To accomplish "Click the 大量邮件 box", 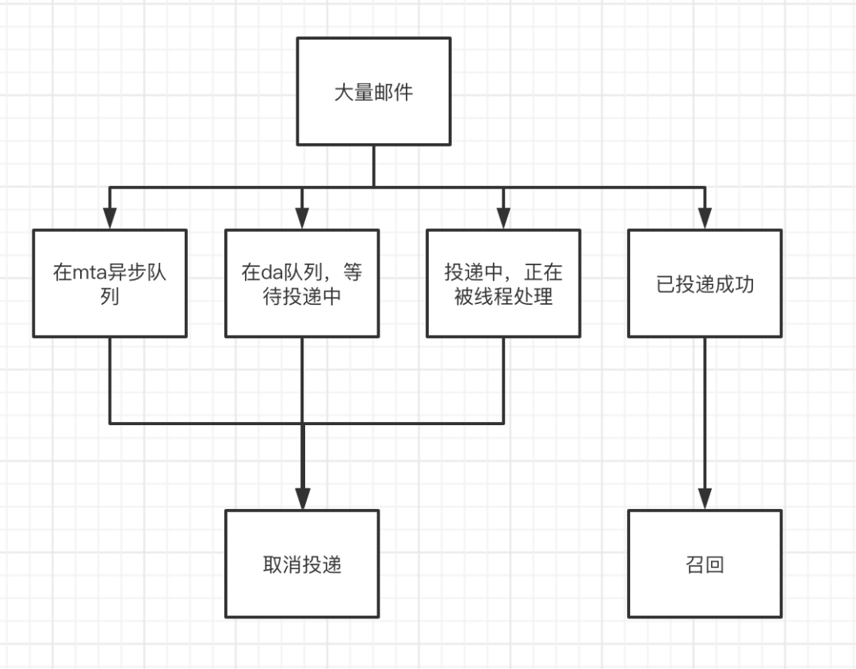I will coord(373,91).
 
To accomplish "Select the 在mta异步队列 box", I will coord(109,283).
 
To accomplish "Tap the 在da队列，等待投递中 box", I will coord(301,283).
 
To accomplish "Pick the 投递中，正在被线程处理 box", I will coord(503,283).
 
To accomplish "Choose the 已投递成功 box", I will coord(705,283).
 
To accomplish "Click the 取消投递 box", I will coord(301,564).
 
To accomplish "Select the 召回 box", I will coord(705,564).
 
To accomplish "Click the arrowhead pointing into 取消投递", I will coord(301,498).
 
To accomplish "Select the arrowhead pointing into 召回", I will coord(705,498).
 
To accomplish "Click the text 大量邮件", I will coord(373,92).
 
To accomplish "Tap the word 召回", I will coord(705,565).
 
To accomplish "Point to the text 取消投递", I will coord(302,565).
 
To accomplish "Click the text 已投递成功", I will coord(705,284).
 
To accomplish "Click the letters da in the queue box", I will coord(272,274).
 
